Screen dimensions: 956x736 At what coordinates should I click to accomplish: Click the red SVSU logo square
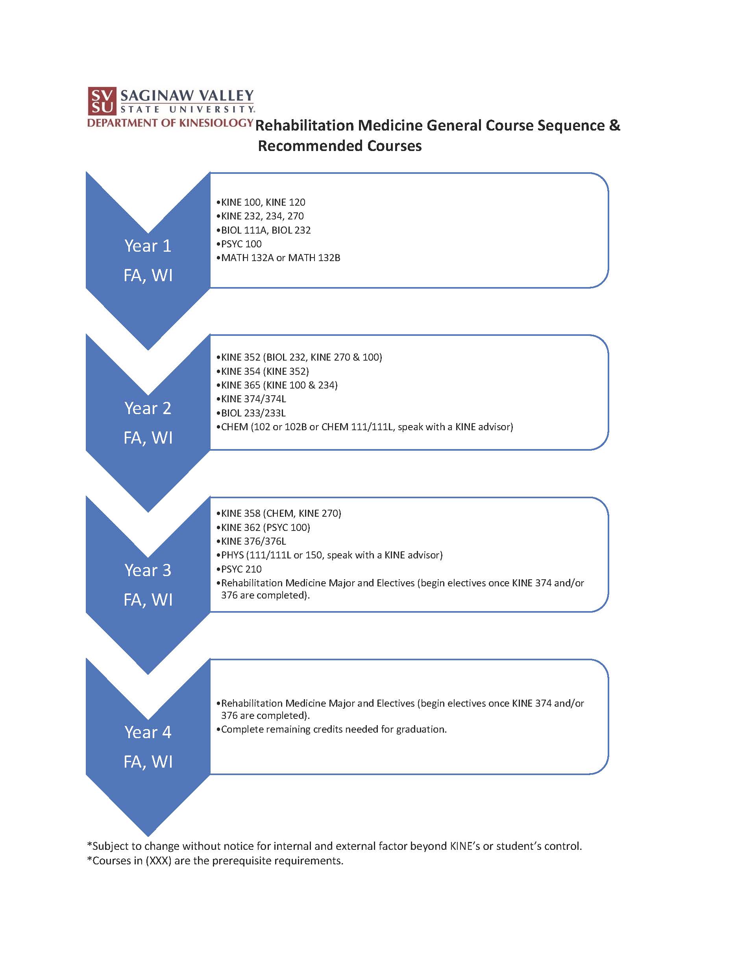pyautogui.click(x=102, y=101)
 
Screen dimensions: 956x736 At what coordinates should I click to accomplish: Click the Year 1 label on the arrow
pyautogui.click(x=148, y=246)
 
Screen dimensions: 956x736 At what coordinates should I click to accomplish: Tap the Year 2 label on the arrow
pyautogui.click(x=148, y=408)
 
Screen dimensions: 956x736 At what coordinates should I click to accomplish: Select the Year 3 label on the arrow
pyautogui.click(x=148, y=570)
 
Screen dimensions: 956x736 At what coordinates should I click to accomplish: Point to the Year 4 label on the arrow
pyautogui.click(x=148, y=732)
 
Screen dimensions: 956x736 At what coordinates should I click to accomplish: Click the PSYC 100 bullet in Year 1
pyautogui.click(x=241, y=244)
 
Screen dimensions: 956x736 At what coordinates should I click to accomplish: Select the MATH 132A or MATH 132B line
pyautogui.click(x=280, y=258)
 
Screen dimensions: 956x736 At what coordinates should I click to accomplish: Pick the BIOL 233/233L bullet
pyautogui.click(x=253, y=413)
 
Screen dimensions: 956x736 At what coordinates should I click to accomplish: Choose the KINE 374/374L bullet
pyautogui.click(x=253, y=399)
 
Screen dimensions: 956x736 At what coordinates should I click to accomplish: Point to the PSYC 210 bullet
pyautogui.click(x=241, y=569)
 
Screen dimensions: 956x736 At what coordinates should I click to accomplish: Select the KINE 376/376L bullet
pyautogui.click(x=253, y=541)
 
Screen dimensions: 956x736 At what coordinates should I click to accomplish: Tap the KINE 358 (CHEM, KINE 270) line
pyautogui.click(x=281, y=513)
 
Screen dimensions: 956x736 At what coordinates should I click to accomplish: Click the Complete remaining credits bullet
pyautogui.click(x=333, y=729)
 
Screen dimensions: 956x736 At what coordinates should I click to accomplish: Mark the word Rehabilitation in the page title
pyautogui.click(x=304, y=125)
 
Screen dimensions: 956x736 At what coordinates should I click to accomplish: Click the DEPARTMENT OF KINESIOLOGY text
pyautogui.click(x=170, y=123)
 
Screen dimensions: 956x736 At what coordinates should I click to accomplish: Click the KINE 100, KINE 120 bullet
pyautogui.click(x=263, y=202)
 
